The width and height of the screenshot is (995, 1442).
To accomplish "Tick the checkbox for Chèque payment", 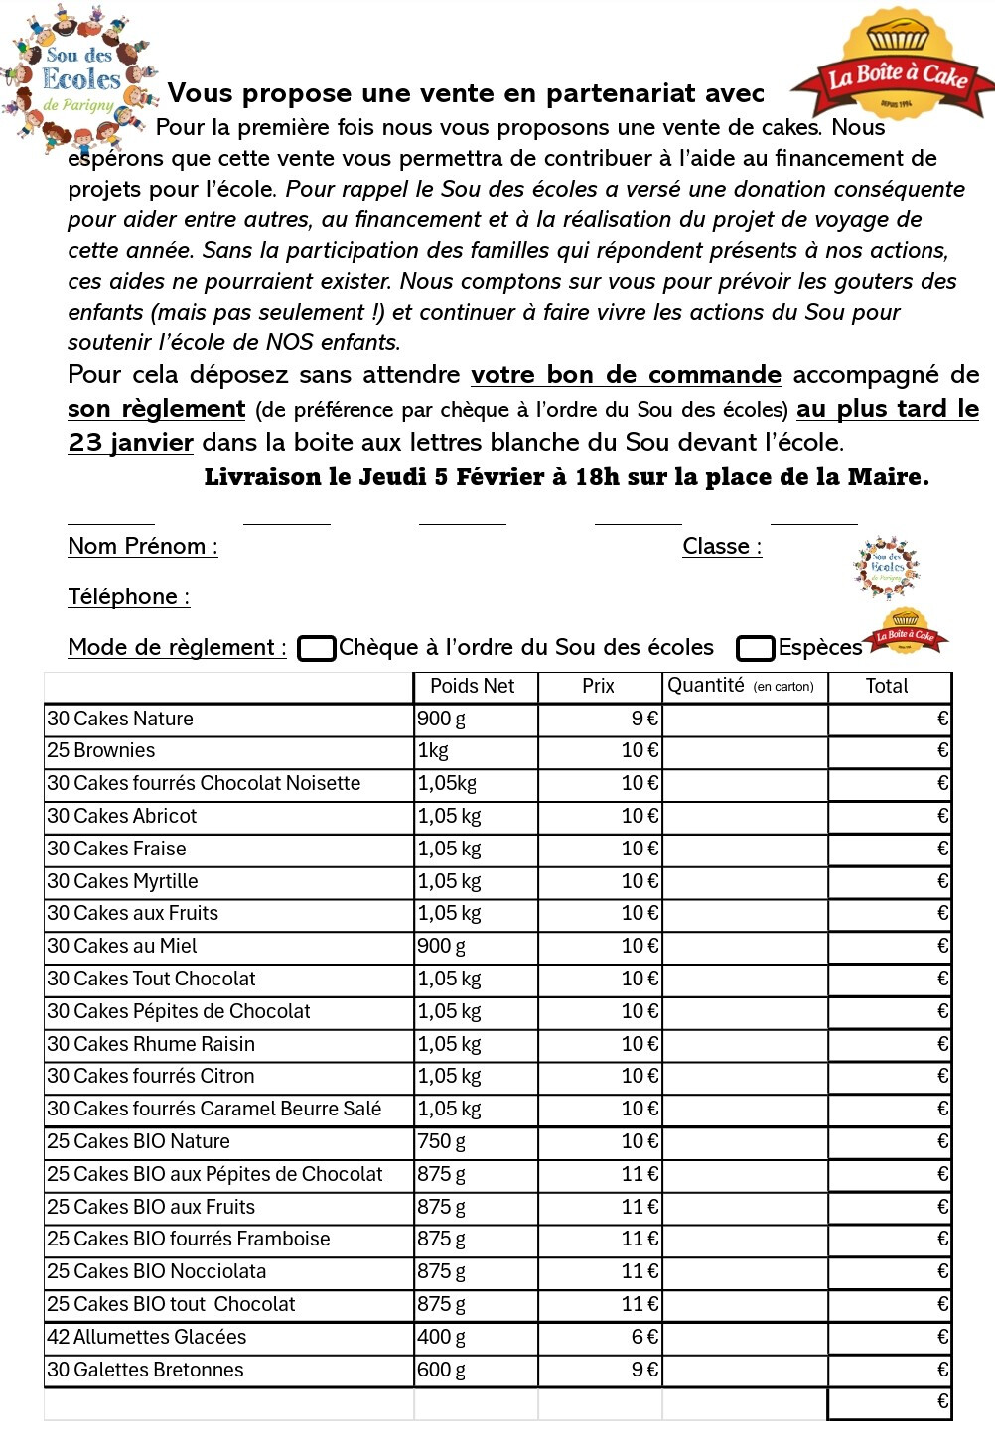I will (317, 648).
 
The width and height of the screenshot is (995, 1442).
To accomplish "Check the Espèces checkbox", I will (755, 648).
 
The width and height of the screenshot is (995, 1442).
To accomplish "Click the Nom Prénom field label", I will (143, 546).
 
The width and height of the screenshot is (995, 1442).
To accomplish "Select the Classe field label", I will (722, 546).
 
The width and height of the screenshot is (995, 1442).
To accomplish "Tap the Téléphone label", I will (128, 596).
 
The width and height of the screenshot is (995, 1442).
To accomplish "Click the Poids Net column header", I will (473, 686).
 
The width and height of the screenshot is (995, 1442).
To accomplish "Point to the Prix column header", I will (598, 686).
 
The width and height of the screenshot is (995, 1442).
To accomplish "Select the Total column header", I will (887, 686).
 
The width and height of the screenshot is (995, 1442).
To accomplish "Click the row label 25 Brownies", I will (101, 750).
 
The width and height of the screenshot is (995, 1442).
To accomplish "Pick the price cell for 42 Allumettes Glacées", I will (600, 1337).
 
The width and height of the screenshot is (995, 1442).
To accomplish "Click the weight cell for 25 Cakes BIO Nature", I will (476, 1141).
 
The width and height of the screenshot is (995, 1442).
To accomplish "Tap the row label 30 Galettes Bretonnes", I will (145, 1370).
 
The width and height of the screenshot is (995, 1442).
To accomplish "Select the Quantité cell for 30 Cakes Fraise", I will (744, 849).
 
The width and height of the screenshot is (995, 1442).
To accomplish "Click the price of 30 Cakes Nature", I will (600, 719).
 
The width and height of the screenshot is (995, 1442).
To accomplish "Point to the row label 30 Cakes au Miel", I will (122, 946).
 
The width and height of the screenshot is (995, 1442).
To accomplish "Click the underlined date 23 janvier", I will (130, 442).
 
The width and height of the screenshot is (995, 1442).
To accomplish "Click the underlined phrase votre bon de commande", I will (626, 375).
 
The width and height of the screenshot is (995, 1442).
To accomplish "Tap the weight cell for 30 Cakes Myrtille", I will (476, 881).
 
